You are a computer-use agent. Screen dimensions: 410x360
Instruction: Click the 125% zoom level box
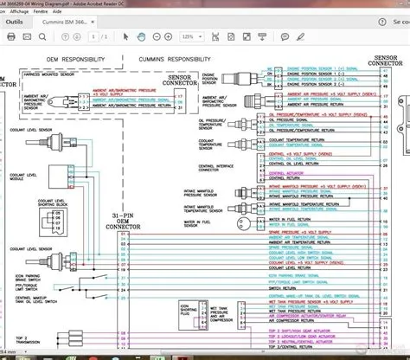(x=189, y=36)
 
